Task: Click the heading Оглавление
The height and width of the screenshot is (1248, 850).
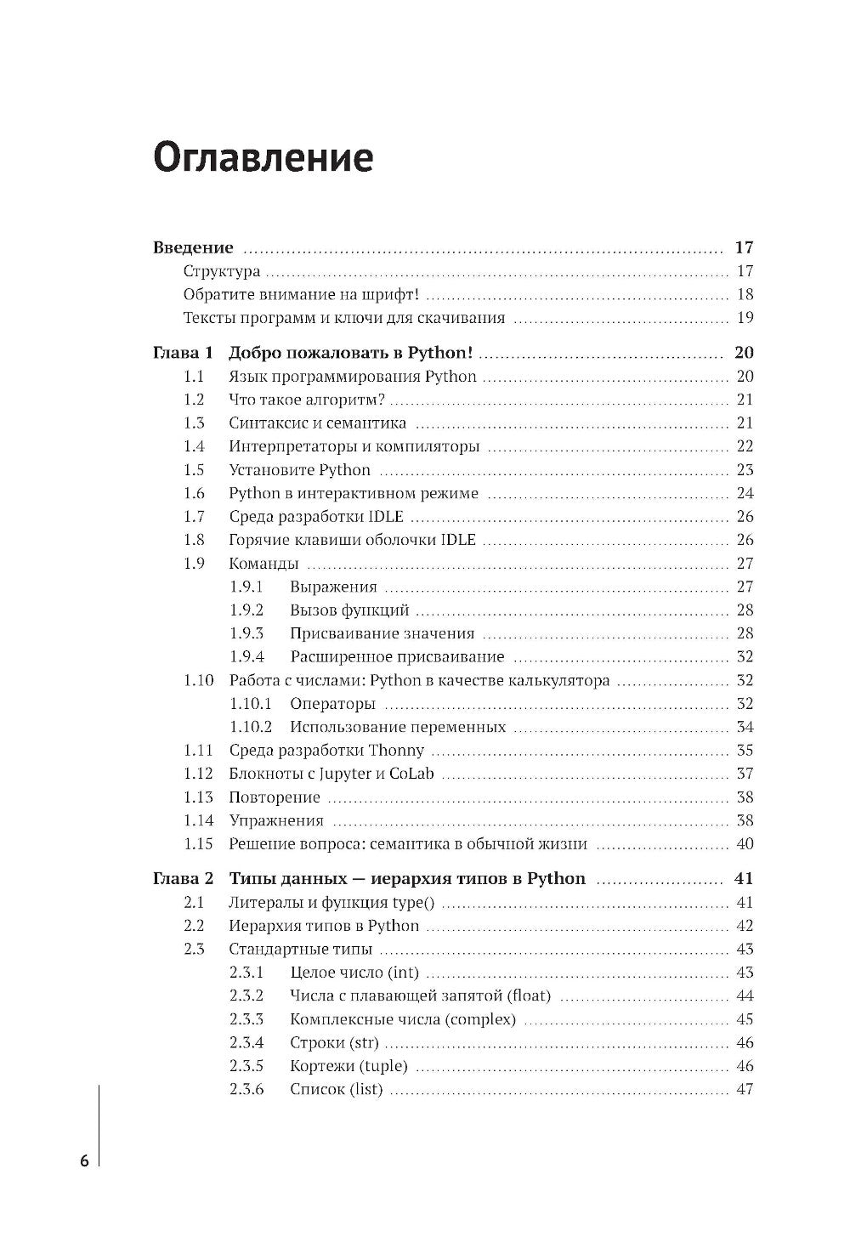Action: point(263,158)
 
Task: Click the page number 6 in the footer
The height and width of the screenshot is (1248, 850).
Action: point(84,1161)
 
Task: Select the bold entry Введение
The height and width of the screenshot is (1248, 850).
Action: point(193,248)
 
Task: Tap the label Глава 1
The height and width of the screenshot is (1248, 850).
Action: point(182,353)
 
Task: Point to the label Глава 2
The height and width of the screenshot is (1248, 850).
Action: point(182,878)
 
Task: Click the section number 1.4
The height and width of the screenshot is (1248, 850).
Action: point(194,446)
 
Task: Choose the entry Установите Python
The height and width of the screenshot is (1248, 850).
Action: point(299,470)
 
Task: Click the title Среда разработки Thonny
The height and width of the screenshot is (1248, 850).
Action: point(326,751)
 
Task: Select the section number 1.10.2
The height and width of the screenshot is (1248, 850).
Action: point(251,727)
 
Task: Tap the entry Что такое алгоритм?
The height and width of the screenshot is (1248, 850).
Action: point(307,400)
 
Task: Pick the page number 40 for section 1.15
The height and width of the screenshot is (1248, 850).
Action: point(745,844)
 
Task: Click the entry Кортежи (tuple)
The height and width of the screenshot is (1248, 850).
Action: point(348,1066)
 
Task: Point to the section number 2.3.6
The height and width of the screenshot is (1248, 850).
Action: point(246,1089)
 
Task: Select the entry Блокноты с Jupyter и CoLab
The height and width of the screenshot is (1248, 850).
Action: point(331,774)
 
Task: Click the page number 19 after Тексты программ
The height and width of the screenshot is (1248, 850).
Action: point(745,319)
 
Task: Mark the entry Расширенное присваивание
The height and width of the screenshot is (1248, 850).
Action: point(397,657)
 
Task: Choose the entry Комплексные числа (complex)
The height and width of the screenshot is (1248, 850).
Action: point(403,1019)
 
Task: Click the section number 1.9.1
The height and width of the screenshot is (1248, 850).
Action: point(246,587)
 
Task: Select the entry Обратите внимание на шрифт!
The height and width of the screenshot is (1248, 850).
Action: point(302,295)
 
